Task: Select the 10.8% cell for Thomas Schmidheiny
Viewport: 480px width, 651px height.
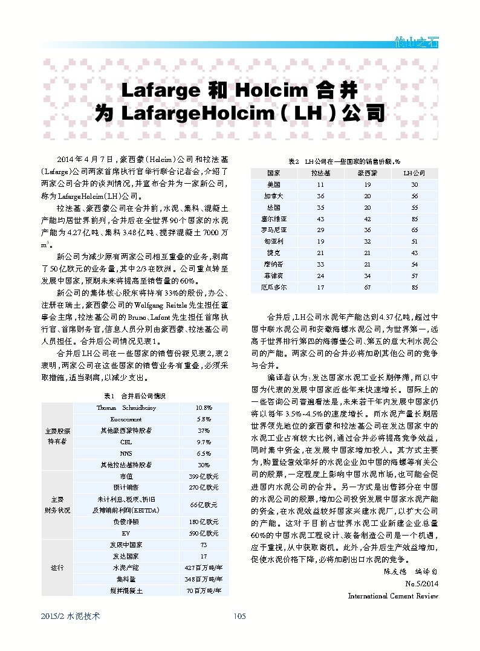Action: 203,408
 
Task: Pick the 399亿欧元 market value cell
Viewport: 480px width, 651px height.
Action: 203,476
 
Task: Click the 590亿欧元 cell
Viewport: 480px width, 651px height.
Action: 203,534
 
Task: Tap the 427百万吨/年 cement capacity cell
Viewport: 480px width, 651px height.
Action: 203,568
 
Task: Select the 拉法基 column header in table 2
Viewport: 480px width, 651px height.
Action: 320,173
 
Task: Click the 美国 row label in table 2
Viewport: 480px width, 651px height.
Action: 273,184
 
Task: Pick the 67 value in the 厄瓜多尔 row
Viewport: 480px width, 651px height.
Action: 368,287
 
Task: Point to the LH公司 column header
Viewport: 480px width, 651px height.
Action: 414,173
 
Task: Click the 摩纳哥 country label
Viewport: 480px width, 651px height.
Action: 273,264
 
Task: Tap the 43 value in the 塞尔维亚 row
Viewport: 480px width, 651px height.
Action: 320,218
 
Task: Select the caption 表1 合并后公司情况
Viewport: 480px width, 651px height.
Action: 134,395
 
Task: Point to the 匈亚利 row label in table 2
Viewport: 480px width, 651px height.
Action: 273,241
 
